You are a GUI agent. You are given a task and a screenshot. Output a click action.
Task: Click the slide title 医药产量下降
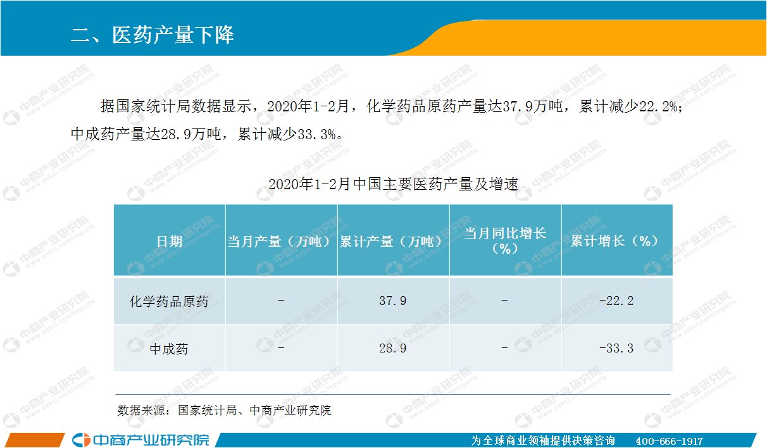[153, 35]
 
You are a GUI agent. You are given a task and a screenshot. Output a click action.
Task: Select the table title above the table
[393, 184]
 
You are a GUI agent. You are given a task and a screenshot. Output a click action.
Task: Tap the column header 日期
[169, 242]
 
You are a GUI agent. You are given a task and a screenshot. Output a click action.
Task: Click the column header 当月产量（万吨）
[281, 242]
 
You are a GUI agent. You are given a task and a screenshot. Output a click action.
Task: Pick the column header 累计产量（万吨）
[393, 242]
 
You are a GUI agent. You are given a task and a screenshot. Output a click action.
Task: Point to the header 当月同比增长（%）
[505, 241]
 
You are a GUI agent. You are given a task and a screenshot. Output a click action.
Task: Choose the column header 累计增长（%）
[616, 241]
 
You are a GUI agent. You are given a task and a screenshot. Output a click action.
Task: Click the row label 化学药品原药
[169, 302]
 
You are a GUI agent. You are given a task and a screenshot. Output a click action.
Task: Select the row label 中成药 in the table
[169, 349]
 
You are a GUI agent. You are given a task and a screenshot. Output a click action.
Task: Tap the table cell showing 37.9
[393, 301]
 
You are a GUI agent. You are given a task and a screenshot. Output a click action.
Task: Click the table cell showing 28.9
[393, 348]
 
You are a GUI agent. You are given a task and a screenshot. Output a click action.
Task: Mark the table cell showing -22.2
[616, 301]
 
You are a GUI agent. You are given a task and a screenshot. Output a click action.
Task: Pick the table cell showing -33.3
[616, 348]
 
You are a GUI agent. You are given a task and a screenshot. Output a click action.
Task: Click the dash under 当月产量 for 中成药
[281, 348]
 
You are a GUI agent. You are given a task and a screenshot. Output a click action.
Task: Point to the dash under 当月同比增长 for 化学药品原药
[504, 301]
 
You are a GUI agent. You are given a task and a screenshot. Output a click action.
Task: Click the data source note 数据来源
[224, 410]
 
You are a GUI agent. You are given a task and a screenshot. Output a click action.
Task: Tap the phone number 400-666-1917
[670, 441]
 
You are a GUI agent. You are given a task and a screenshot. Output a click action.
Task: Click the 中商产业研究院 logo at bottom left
[140, 440]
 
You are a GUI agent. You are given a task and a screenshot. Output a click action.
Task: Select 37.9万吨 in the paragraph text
[533, 106]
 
